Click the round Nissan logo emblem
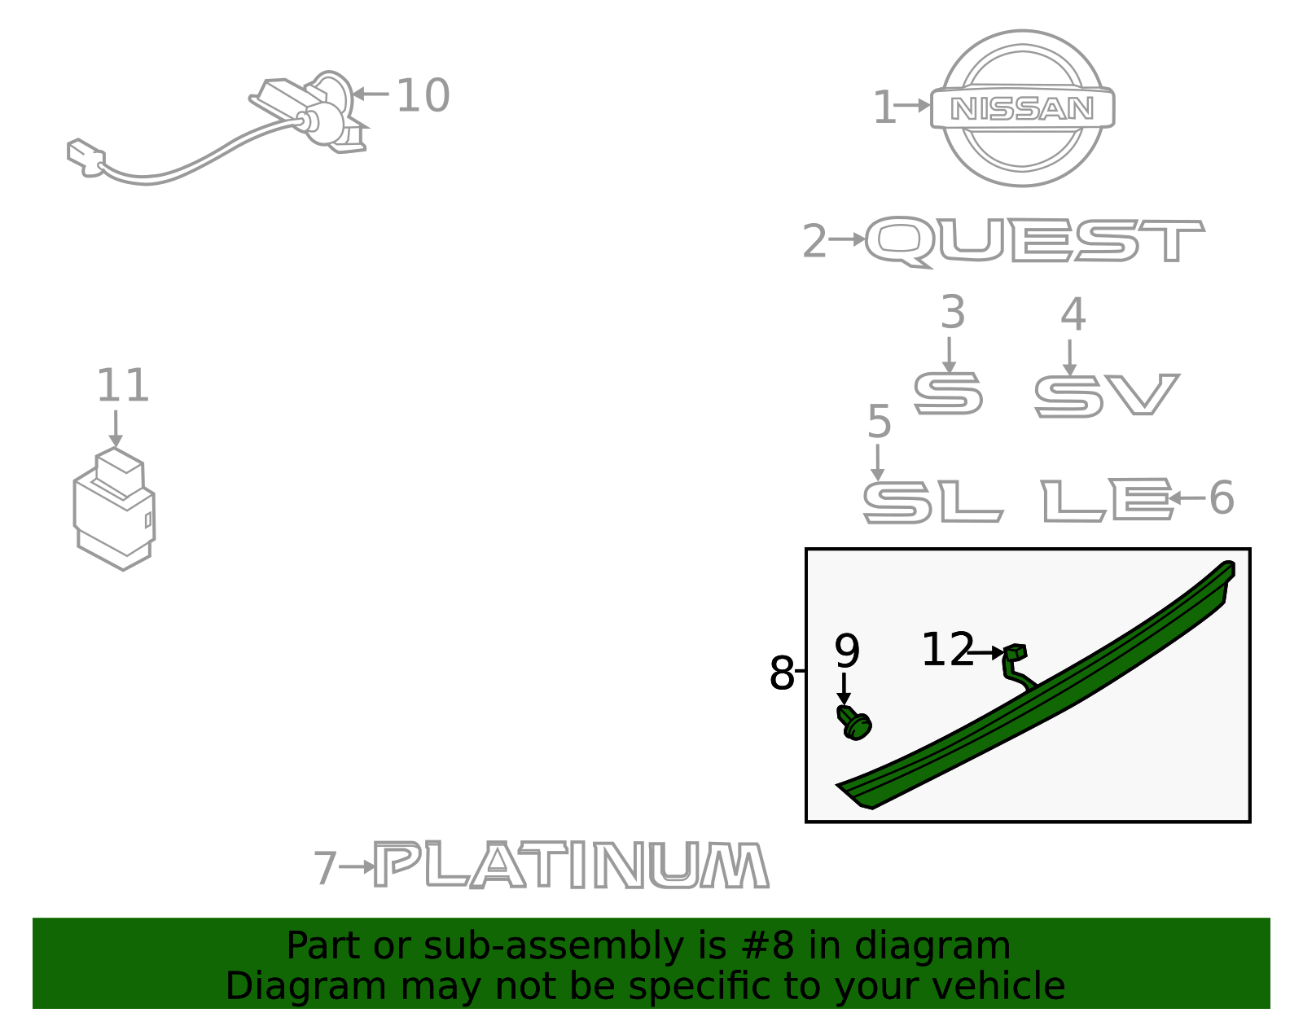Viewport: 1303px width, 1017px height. point(1022,108)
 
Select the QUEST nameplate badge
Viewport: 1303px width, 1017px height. point(1034,242)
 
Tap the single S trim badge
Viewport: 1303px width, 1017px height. point(948,393)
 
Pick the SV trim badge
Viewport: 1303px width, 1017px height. point(1107,395)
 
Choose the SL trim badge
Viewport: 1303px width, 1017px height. point(933,502)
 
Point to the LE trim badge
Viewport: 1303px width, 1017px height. point(1107,500)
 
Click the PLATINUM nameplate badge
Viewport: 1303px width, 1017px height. point(572,865)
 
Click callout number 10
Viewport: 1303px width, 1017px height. point(423,95)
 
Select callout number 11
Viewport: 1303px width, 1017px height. point(122,385)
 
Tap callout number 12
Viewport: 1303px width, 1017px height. point(947,649)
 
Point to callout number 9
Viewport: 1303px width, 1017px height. point(847,651)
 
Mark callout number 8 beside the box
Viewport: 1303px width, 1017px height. point(781,673)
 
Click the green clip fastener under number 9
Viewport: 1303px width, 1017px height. point(854,723)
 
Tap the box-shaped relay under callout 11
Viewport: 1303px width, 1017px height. point(114,509)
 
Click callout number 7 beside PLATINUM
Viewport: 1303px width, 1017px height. point(326,867)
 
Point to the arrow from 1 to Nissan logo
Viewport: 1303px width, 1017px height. point(912,106)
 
